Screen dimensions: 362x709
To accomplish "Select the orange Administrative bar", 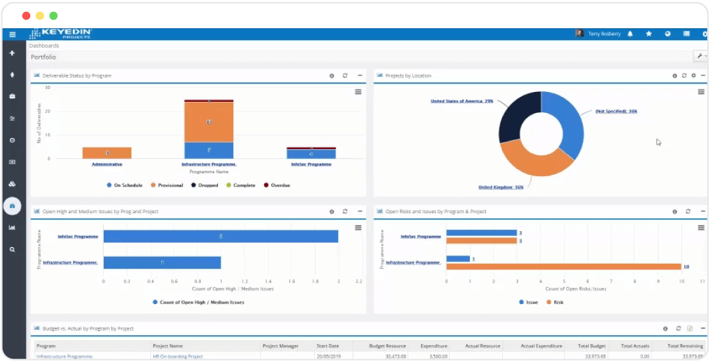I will [x=107, y=153].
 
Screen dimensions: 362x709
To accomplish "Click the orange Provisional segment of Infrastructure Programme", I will [x=209, y=122].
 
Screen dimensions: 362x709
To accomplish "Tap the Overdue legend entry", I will [x=276, y=185].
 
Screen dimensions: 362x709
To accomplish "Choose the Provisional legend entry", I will [x=167, y=185].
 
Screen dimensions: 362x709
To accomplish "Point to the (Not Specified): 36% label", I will [x=616, y=111].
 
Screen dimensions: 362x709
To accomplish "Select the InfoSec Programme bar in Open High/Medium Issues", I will [x=221, y=236].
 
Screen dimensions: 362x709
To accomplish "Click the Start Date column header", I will [x=328, y=346].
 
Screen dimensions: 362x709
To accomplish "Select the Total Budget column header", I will [x=591, y=346].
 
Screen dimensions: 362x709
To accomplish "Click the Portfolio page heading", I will [x=43, y=57].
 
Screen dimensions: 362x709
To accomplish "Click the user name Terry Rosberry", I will [x=603, y=34].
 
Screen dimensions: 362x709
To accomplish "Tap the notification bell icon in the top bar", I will [x=630, y=34].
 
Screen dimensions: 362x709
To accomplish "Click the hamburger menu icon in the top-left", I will [x=12, y=34].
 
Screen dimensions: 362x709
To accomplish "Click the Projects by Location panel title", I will [x=408, y=76].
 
